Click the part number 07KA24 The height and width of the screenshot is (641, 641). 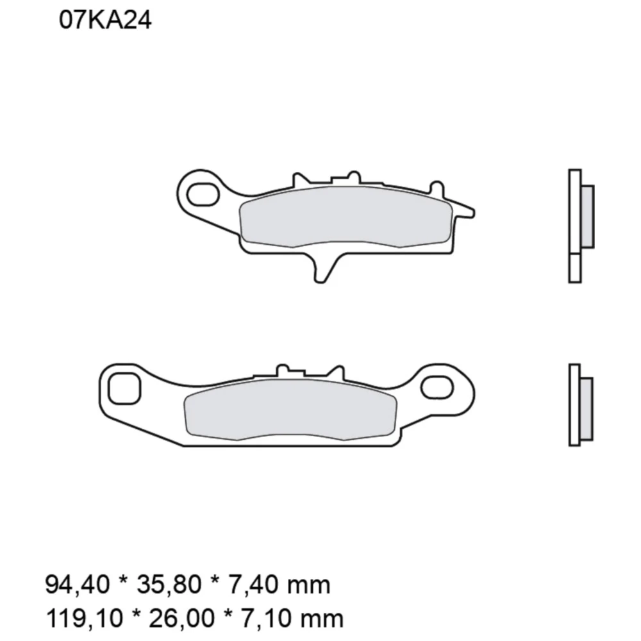[x=105, y=21]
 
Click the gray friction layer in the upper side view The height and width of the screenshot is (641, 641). [x=587, y=216]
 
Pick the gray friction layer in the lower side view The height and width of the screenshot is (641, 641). [x=586, y=408]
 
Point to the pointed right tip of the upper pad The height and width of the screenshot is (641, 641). [x=471, y=210]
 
